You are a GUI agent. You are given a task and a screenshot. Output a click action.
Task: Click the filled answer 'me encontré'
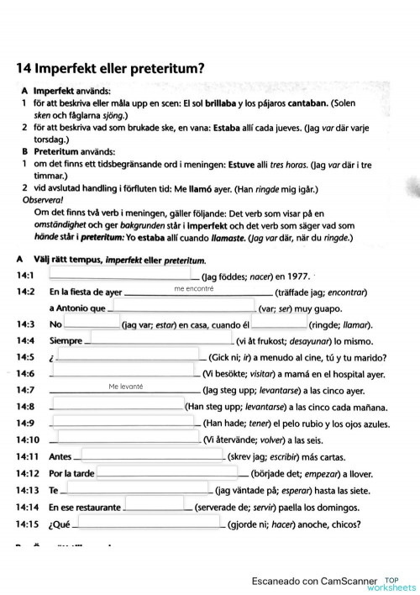pos(195,288)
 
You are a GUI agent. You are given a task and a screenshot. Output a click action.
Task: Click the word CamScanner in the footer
pos(344,580)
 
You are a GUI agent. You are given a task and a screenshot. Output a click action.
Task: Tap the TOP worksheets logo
pos(398,581)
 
